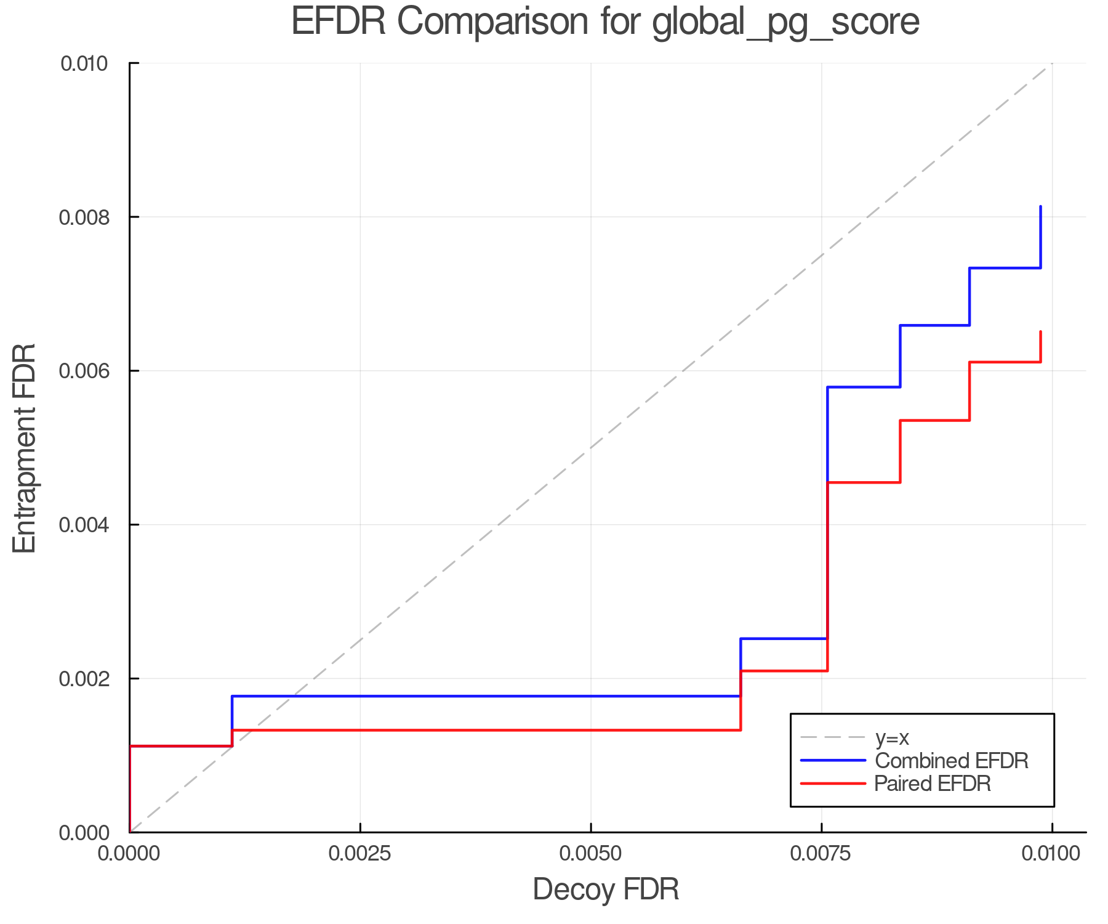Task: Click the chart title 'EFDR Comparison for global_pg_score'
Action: click(605, 22)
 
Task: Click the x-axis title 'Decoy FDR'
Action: click(606, 890)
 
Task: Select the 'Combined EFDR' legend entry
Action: click(951, 761)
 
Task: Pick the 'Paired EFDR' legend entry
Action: click(933, 784)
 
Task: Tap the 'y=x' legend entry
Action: click(892, 737)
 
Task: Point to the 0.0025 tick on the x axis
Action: click(360, 854)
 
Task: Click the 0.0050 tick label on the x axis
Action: click(591, 854)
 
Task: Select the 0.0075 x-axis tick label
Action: click(822, 854)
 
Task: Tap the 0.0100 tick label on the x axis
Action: click(1051, 854)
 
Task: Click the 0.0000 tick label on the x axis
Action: click(129, 854)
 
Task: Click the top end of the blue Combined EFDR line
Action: click(1040, 207)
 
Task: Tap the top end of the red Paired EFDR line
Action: click(1040, 332)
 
